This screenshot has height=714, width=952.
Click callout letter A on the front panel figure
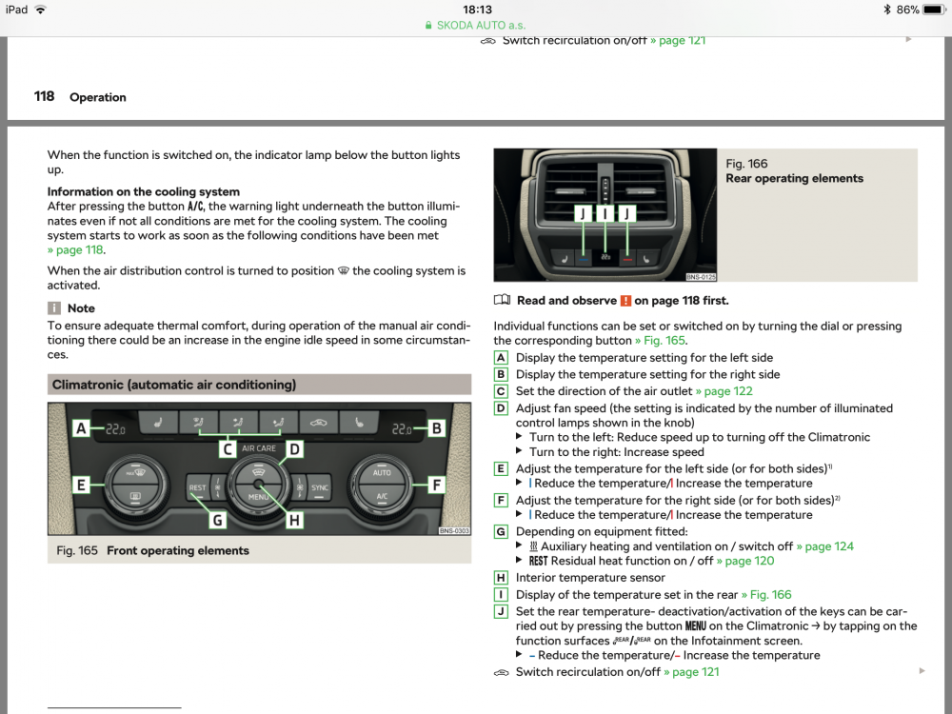pos(81,428)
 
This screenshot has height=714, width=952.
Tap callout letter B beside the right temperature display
pos(437,428)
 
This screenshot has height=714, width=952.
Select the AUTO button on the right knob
pos(382,472)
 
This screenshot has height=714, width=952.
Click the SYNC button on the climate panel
pos(319,487)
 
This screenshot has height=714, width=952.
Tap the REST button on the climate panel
pos(197,487)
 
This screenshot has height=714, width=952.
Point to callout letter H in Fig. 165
pos(294,520)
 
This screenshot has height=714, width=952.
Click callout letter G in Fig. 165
pos(217,520)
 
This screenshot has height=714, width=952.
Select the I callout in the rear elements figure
pos(605,213)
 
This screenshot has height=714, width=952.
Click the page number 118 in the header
pos(44,96)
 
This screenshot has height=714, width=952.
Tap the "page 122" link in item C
pos(724,391)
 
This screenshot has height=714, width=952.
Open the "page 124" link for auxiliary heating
pos(825,546)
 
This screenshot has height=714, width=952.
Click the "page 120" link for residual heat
pos(745,561)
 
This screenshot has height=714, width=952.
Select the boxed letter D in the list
pos(501,408)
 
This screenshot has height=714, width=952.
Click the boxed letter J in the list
pos(501,611)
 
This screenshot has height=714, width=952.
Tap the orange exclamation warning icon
pos(625,301)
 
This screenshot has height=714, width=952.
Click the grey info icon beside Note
pos(54,308)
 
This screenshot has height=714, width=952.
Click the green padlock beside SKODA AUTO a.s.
pos(428,26)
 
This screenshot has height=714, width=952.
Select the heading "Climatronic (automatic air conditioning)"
pos(174,385)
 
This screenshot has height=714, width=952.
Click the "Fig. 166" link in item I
pos(766,595)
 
